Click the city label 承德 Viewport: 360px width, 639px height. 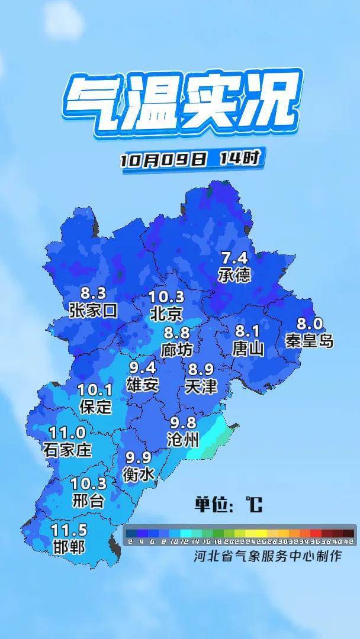click(235, 275)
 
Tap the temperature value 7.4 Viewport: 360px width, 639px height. click(234, 259)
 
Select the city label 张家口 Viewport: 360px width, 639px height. click(94, 309)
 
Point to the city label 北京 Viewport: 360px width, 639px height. click(166, 313)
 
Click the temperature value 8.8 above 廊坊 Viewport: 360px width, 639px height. click(177, 333)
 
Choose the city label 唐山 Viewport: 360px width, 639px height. click(248, 348)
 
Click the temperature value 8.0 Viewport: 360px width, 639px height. click(309, 324)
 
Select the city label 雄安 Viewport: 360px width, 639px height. click(143, 385)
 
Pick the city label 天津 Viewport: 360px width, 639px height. click(201, 387)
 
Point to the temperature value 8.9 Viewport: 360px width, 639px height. click(201, 370)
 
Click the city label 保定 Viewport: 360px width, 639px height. click(95, 406)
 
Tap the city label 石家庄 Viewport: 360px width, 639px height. click(67, 450)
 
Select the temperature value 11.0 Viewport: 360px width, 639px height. click(67, 433)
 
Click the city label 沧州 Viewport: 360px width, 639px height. click(184, 440)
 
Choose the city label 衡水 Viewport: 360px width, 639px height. click(139, 474)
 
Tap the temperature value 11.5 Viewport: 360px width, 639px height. click(69, 530)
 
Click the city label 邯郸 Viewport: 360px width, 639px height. click(69, 547)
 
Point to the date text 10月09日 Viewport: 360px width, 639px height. click(163, 159)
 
